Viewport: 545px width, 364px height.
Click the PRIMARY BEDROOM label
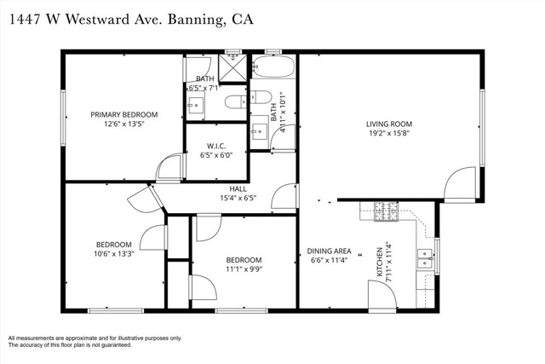[x=124, y=114]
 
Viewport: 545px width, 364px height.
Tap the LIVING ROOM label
[x=389, y=124]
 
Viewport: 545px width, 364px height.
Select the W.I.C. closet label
[x=216, y=146]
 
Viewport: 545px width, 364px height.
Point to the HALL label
[x=238, y=189]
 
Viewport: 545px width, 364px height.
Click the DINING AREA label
[x=330, y=251]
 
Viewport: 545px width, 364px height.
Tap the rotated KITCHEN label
[x=380, y=262]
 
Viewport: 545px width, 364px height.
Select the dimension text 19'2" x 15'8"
[x=389, y=133]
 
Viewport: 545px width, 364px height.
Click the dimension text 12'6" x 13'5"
[x=124, y=124]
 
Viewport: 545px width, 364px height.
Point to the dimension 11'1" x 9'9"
[x=244, y=269]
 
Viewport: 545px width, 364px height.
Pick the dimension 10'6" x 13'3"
[x=114, y=254]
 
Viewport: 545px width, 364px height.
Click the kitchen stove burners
[x=386, y=211]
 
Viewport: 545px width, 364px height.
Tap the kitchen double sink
[x=425, y=259]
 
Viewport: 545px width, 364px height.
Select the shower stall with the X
[x=232, y=68]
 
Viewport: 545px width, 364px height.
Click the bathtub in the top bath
[x=272, y=66]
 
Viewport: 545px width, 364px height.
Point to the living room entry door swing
[x=460, y=184]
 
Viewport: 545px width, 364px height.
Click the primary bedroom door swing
[x=169, y=167]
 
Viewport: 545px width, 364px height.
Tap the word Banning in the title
[x=197, y=20]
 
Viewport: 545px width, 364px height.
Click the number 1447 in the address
[x=25, y=20]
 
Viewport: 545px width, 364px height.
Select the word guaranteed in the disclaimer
[x=117, y=345]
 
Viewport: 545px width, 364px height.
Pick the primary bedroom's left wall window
[x=63, y=118]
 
